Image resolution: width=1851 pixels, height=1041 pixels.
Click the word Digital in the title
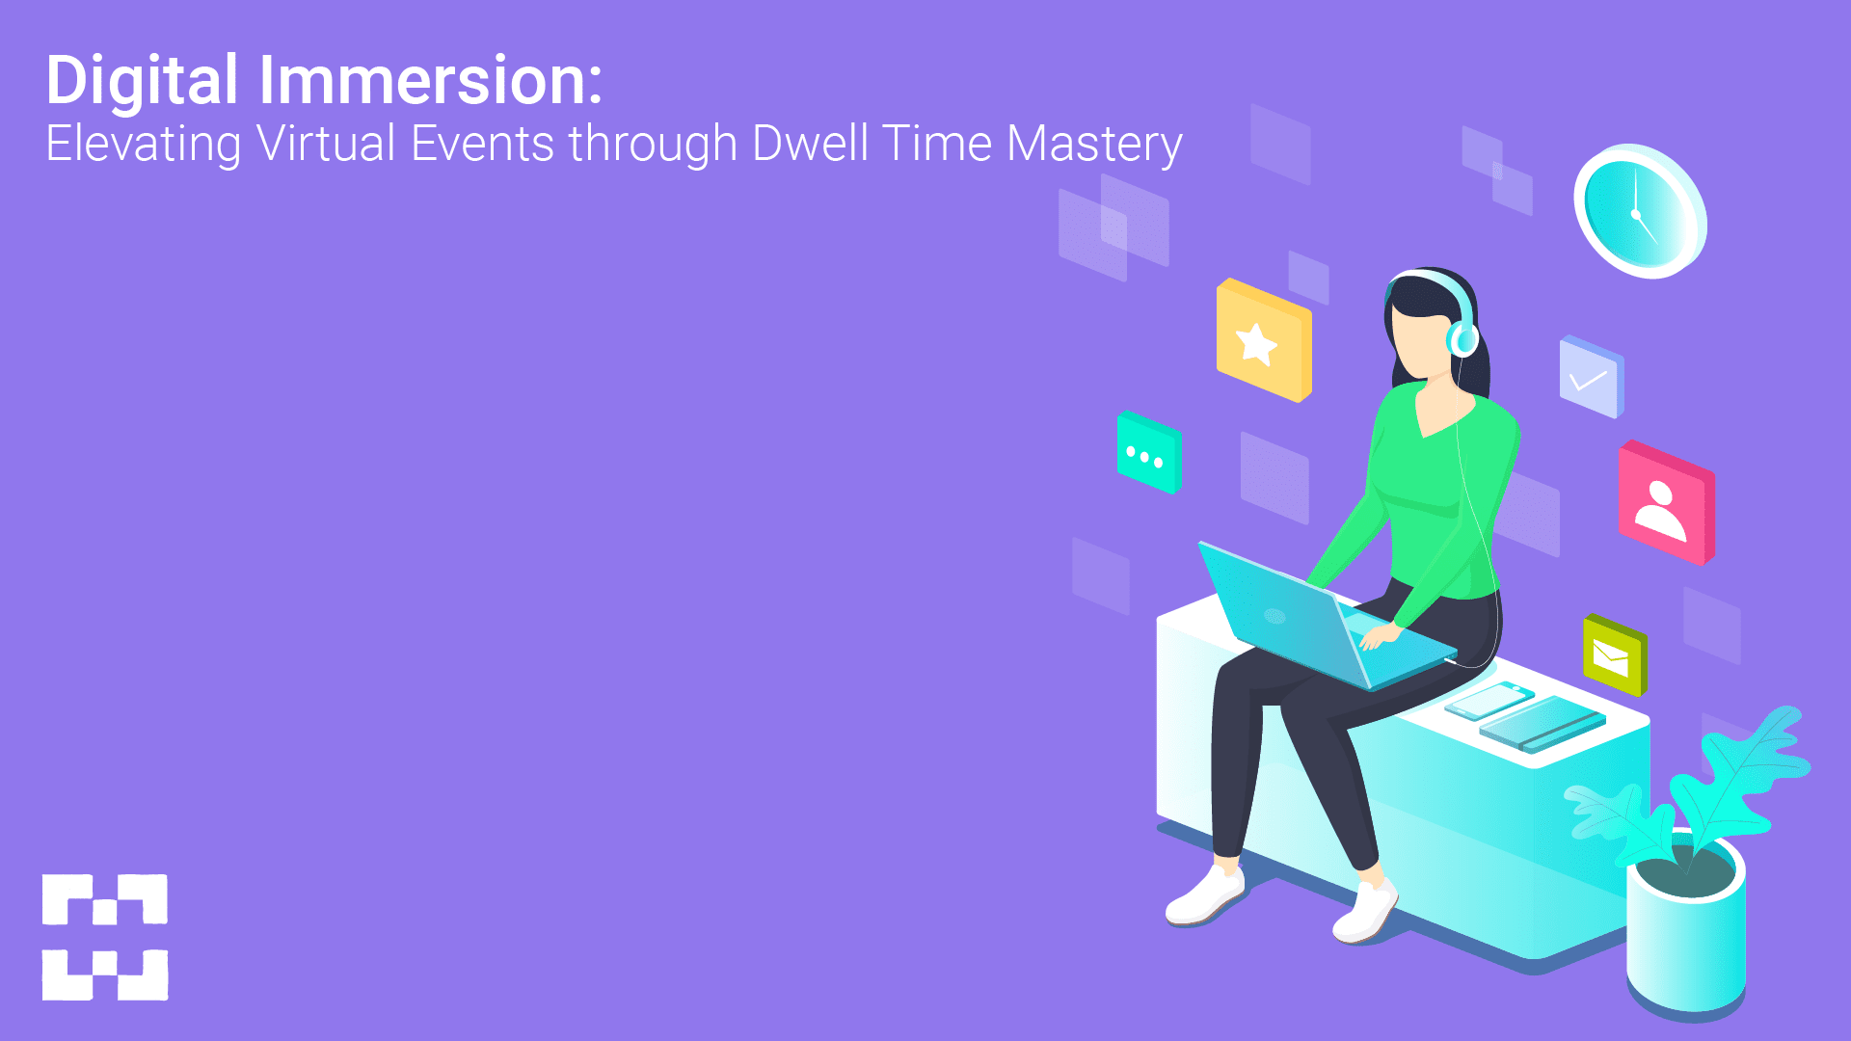(142, 81)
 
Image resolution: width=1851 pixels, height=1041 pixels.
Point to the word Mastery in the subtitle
(1094, 145)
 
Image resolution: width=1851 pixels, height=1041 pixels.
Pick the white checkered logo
(105, 937)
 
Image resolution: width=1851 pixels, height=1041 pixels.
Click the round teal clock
(1639, 211)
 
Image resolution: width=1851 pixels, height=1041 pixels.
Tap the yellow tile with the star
(1263, 340)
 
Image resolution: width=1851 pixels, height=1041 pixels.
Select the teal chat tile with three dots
(1148, 453)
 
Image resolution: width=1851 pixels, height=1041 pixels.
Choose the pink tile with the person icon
(1665, 503)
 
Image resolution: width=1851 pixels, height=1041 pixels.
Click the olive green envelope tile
(1614, 656)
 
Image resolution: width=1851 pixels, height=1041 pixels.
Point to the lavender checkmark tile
(1591, 377)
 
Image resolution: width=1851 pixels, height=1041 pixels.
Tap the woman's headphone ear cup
(1462, 337)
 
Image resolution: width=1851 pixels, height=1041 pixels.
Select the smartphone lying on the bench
(1489, 701)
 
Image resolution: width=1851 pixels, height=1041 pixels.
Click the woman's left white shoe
(1205, 896)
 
